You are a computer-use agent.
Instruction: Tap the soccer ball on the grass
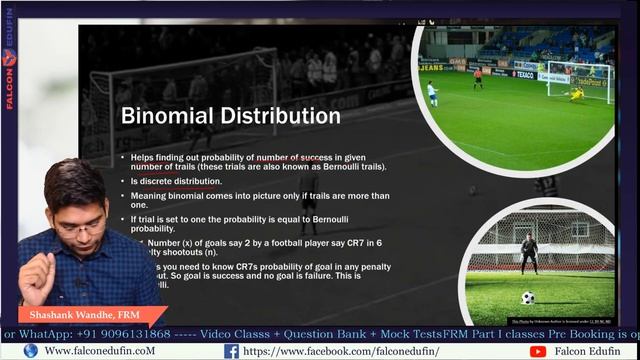click(x=527, y=297)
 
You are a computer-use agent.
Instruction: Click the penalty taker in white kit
click(x=432, y=92)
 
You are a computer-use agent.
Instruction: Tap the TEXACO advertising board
click(x=523, y=73)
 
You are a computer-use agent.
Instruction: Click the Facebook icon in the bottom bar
click(x=231, y=351)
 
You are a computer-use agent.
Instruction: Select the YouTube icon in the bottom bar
click(x=537, y=351)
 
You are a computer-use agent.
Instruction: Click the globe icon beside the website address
click(x=31, y=351)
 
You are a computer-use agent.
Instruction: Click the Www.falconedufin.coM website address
click(x=98, y=351)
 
